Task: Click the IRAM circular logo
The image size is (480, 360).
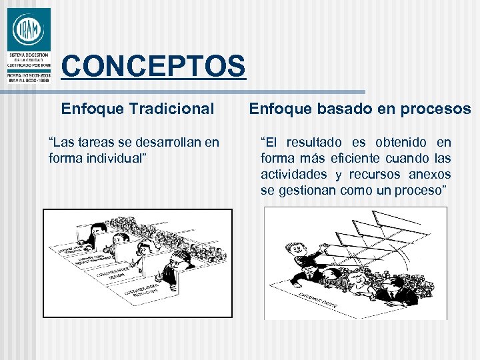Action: [28, 29]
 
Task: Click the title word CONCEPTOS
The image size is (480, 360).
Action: [153, 66]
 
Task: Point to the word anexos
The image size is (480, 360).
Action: [429, 174]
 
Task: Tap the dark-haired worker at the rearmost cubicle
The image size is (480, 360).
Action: [100, 231]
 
